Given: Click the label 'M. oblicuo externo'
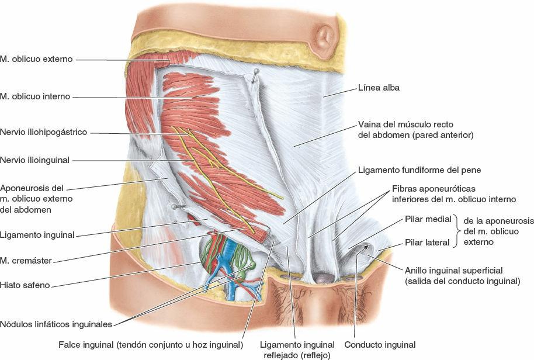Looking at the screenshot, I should (x=36, y=59).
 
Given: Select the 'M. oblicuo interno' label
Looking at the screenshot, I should (x=35, y=96).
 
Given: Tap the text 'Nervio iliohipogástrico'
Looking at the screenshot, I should (x=44, y=133).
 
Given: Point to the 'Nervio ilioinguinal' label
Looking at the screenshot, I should (x=35, y=160).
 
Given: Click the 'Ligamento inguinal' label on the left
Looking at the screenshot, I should (x=37, y=235).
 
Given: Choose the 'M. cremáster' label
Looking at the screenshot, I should (x=26, y=260).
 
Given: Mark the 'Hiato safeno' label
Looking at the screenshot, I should (x=25, y=285).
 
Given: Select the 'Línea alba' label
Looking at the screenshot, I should (x=378, y=88).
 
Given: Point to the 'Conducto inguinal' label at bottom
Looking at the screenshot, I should (x=380, y=345).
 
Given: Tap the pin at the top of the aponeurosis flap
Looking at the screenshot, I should (x=255, y=72).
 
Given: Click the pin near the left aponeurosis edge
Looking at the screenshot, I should (x=174, y=206).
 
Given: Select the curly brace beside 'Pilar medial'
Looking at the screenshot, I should (x=457, y=231).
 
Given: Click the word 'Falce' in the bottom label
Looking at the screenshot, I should (x=70, y=345).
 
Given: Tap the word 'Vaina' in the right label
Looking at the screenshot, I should (x=369, y=125).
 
